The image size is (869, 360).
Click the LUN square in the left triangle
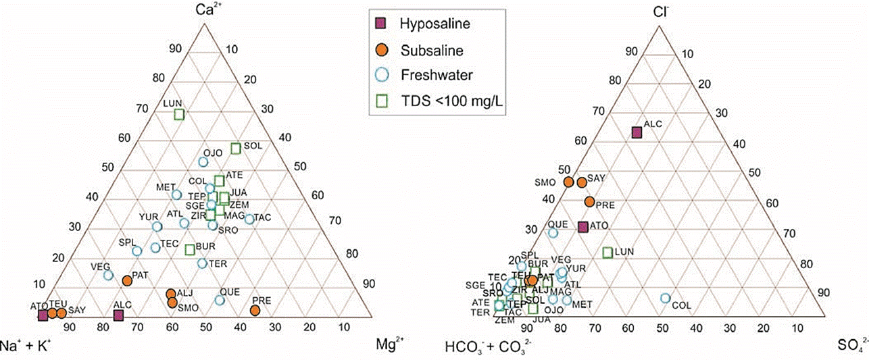point(179,114)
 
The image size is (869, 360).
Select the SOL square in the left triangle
point(236,148)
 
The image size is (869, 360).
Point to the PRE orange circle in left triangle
point(255,310)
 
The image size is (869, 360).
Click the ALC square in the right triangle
point(636,132)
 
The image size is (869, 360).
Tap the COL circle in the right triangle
point(665,299)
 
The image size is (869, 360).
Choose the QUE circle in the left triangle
point(220,300)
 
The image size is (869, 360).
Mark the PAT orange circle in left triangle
point(127,280)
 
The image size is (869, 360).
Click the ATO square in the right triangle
point(583,227)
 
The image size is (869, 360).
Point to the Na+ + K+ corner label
point(28,345)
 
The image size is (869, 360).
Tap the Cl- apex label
point(661,9)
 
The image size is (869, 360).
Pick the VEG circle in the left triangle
point(108,275)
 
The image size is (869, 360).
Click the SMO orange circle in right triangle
point(569,182)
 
